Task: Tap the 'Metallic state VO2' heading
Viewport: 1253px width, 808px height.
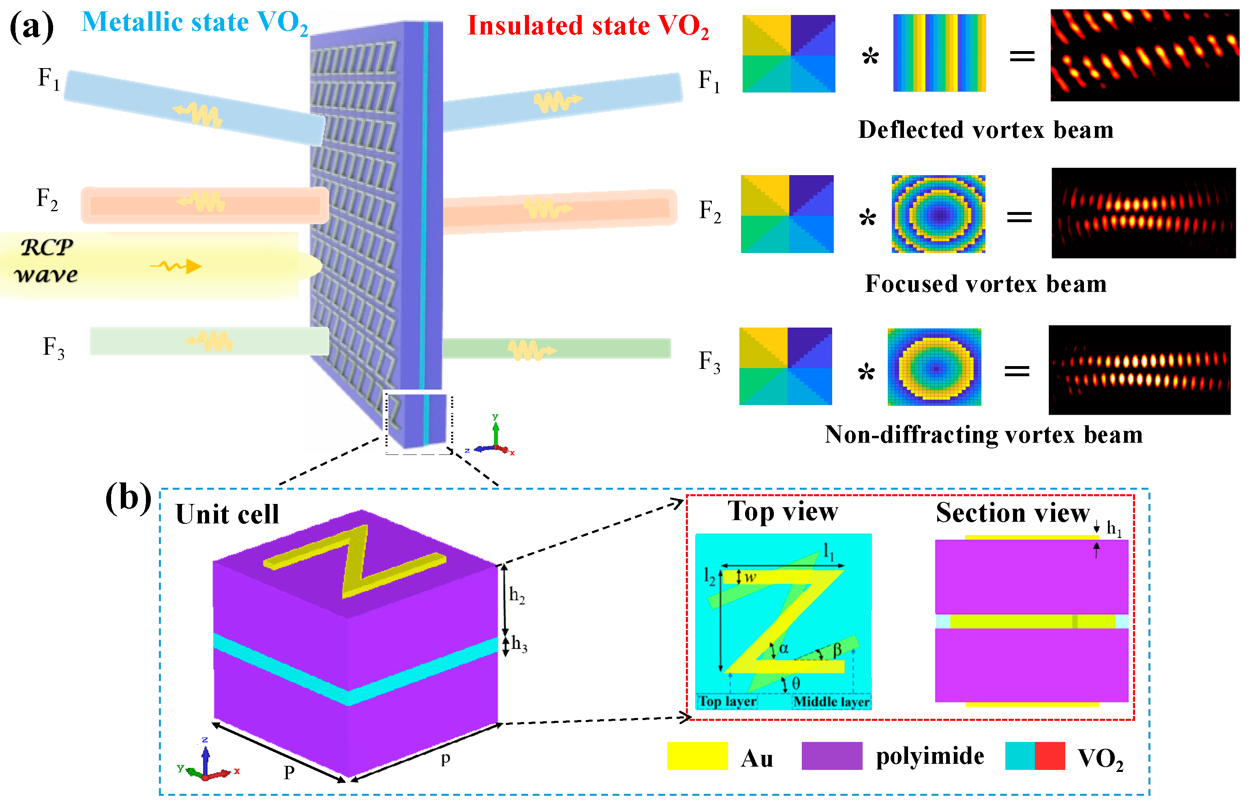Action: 194,23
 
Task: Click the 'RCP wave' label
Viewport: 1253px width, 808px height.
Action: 46,261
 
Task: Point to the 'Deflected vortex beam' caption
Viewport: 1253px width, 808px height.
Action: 985,130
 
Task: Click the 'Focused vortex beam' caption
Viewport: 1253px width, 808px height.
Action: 985,284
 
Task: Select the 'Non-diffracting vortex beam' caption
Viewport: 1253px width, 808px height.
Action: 983,435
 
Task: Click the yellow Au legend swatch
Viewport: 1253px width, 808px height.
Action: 696,756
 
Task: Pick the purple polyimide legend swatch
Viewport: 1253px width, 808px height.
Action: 831,756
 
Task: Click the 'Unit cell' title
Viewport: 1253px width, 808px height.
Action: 227,514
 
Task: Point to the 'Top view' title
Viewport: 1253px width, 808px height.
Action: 782,511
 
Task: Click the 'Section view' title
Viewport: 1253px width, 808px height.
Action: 1012,512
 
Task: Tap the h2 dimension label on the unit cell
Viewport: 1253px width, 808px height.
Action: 516,595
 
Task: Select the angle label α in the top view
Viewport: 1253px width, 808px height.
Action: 783,649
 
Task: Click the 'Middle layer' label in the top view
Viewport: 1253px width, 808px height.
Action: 831,701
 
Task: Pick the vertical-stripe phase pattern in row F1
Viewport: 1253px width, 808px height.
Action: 939,53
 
